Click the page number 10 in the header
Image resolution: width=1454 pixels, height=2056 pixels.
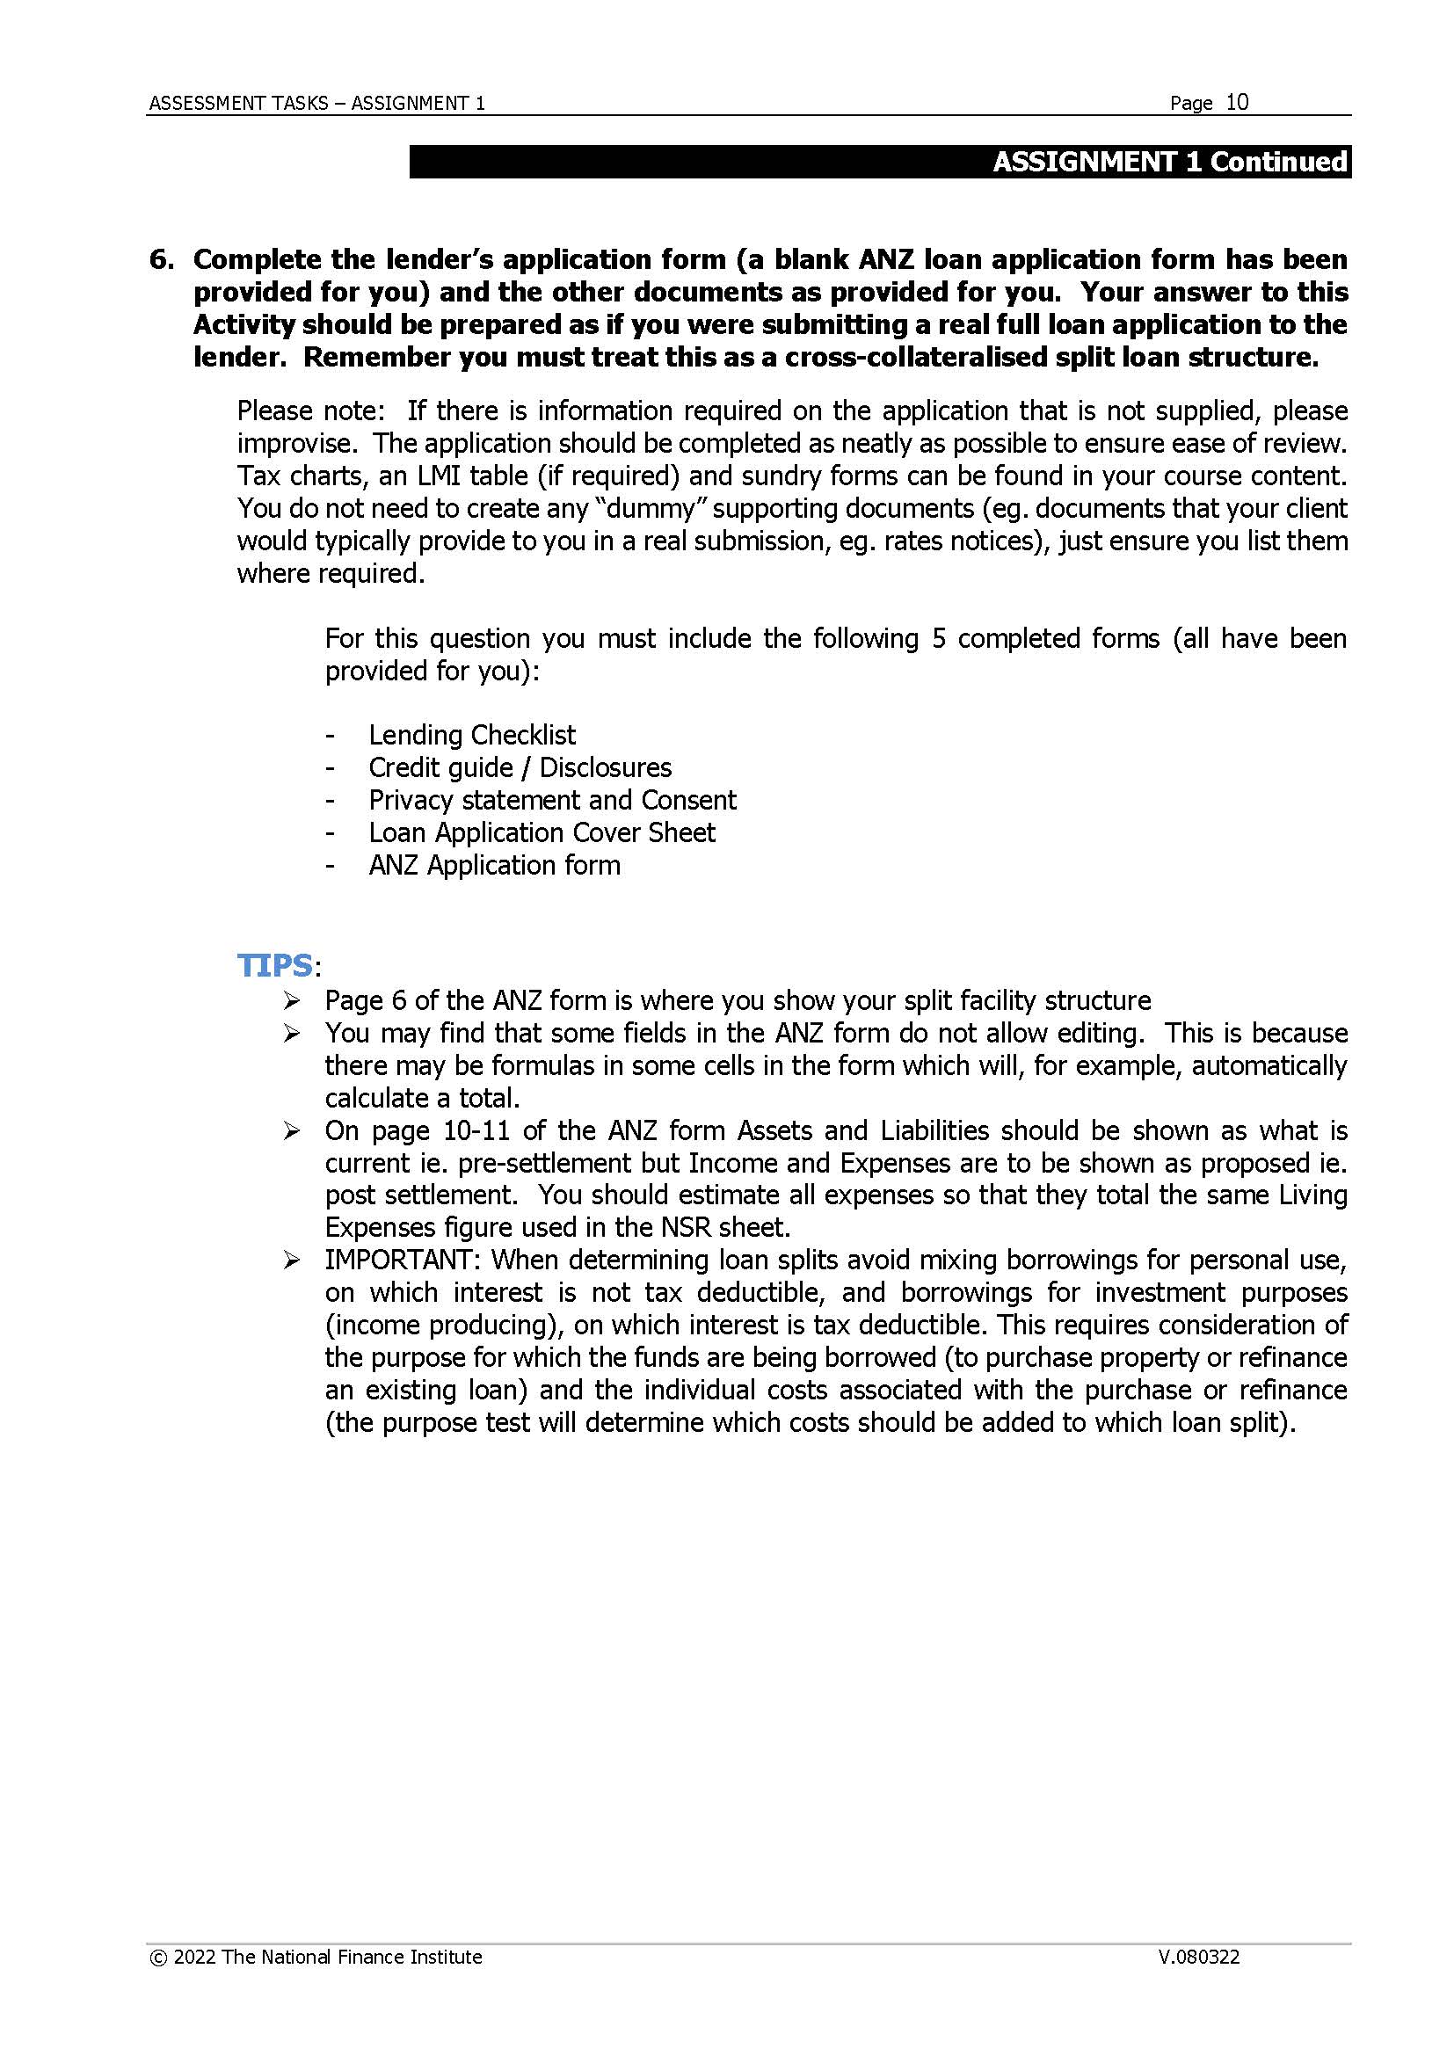(x=1237, y=102)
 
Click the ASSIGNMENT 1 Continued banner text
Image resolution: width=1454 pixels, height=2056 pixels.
(x=1169, y=162)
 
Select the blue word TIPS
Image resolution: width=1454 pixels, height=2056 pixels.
(x=275, y=965)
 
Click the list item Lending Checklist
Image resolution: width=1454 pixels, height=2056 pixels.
(x=472, y=735)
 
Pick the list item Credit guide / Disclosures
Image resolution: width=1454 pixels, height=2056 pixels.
(x=520, y=767)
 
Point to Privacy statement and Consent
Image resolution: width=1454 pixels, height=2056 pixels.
(x=552, y=800)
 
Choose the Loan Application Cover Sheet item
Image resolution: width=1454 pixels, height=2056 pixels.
(x=542, y=832)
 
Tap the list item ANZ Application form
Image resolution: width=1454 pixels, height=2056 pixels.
(x=494, y=865)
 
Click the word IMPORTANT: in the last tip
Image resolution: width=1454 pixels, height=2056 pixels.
(x=403, y=1260)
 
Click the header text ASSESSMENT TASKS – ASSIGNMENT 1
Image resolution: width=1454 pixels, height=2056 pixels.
(x=317, y=104)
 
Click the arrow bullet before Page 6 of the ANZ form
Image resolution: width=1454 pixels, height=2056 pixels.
(x=292, y=1000)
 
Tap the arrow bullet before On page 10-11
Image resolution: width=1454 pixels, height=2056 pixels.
(x=292, y=1131)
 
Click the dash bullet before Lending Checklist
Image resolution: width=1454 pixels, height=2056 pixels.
(x=331, y=736)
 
